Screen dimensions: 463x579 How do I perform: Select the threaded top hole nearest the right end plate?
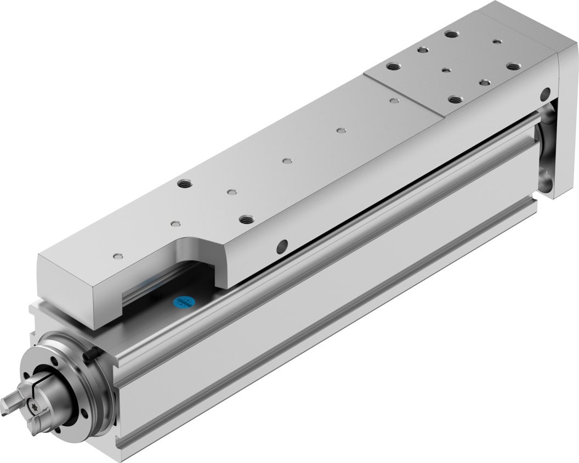tap(513, 66)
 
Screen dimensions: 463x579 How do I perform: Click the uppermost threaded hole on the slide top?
tap(452, 34)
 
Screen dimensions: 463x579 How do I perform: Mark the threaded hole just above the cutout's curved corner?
tap(246, 219)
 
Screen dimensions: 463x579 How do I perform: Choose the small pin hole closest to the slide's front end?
tap(117, 256)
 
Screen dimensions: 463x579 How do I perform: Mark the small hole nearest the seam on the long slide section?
tap(393, 100)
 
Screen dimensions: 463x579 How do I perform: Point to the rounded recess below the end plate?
tap(547, 176)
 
